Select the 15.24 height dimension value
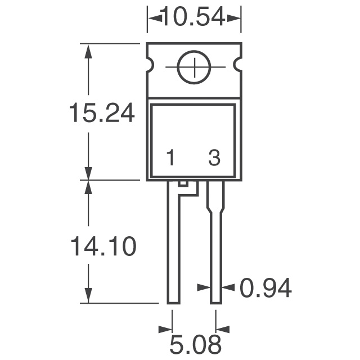coord(101,114)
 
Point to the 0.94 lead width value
coord(265,288)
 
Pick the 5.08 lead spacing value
coord(195,344)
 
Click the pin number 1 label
coord(170,159)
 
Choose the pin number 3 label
coord(214,159)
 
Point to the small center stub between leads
coord(182,184)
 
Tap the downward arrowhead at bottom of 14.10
coord(88,295)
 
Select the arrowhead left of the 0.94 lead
coord(203,287)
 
